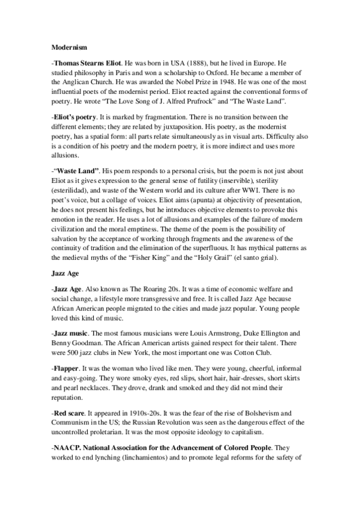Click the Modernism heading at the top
tap(67, 45)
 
